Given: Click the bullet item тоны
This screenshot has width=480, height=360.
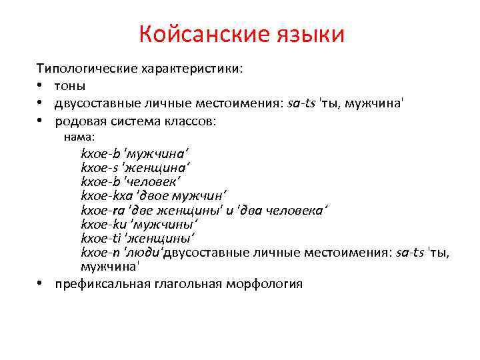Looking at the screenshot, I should click(71, 86).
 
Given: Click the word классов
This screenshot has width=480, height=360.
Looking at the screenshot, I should click(193, 121).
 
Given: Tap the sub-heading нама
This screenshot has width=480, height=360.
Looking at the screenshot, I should click(79, 137).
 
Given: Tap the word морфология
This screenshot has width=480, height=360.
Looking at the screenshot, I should click(263, 283).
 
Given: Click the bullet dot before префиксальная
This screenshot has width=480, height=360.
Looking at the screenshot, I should click(41, 283).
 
